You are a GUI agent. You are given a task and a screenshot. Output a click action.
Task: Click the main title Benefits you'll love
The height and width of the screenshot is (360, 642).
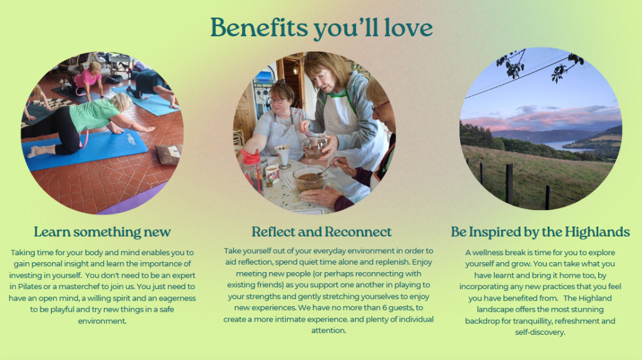[x=322, y=28]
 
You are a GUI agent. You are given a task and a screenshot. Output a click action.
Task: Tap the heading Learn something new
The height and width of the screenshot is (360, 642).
[x=102, y=232]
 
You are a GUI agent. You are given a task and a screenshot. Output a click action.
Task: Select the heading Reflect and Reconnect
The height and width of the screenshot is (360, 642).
[x=322, y=232]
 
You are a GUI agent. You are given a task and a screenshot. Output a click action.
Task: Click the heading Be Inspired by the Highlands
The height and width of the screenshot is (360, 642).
[x=540, y=232]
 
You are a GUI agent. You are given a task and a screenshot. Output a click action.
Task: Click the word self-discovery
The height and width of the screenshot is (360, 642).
[x=540, y=332]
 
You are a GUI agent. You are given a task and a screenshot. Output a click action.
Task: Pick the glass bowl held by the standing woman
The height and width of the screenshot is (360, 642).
[x=315, y=147]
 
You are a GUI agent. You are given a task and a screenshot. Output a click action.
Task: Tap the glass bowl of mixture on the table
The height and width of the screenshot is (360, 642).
[x=309, y=178]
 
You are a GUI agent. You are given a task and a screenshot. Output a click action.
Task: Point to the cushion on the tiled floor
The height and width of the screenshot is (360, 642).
[x=169, y=154]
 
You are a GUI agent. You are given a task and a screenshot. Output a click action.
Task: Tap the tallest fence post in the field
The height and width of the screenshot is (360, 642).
[x=509, y=184]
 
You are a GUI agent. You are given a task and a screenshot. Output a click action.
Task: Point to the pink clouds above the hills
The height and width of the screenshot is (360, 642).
[x=545, y=118]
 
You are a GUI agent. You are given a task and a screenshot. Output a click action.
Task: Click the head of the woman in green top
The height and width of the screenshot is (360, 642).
[x=121, y=102]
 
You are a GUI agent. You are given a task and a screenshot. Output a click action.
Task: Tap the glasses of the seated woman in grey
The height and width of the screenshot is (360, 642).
[x=277, y=101]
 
